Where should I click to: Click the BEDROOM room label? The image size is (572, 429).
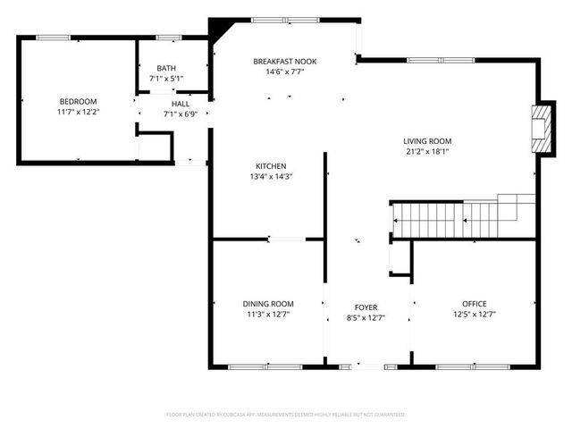point(78,101)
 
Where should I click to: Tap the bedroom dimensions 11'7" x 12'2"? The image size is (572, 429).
point(78,113)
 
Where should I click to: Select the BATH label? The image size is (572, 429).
point(166,68)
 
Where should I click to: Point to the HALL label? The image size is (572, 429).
point(181,104)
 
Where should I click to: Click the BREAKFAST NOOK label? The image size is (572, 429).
point(284,61)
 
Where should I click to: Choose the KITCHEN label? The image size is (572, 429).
point(271,166)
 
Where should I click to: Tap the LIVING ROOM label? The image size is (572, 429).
point(427,141)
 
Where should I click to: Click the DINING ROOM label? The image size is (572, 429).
point(268,304)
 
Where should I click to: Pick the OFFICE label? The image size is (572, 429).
point(475,304)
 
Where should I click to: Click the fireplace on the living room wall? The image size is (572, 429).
point(540,129)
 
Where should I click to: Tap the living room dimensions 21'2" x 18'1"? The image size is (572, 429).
point(427,152)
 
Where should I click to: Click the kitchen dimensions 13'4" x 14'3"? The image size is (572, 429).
point(271,177)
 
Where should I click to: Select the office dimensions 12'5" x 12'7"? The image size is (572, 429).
point(475,315)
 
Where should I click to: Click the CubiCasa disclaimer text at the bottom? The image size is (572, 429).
point(286,415)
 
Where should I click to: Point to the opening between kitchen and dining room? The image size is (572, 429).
point(287,239)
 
